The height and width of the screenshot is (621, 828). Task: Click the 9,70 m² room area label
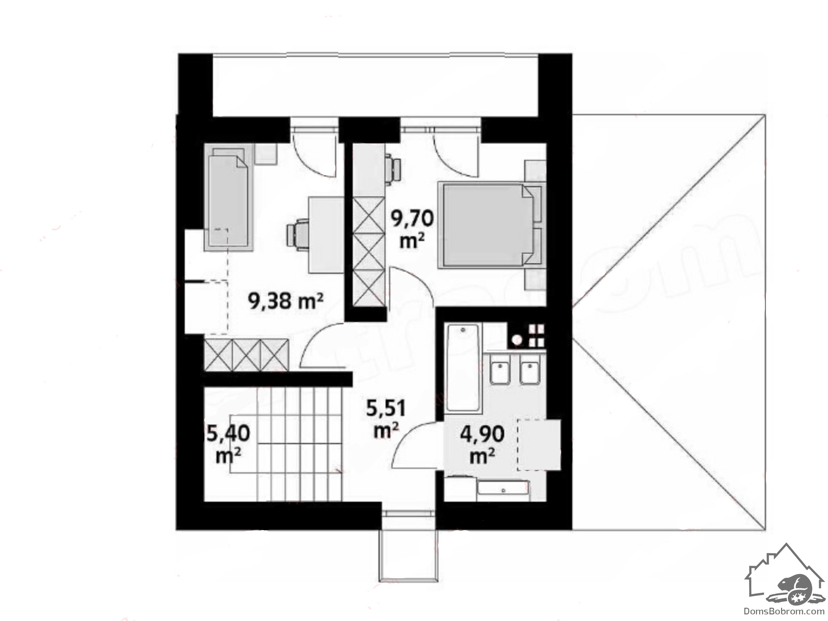tap(412, 229)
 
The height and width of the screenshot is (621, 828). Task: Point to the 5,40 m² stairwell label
tap(229, 444)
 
